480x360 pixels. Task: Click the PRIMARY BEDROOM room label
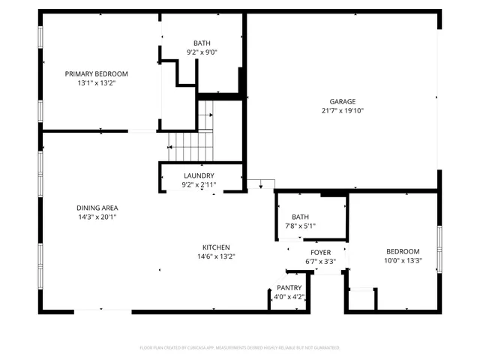(x=96, y=73)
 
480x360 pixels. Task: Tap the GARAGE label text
(x=343, y=101)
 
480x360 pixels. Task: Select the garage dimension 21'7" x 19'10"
(x=343, y=111)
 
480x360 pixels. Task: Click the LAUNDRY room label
(x=199, y=175)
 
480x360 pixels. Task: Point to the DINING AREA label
(x=97, y=208)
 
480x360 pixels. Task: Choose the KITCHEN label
(x=216, y=247)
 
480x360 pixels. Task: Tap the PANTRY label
(x=289, y=287)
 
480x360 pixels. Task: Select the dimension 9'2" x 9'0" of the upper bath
(x=202, y=52)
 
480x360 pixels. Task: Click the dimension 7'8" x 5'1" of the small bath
(x=300, y=226)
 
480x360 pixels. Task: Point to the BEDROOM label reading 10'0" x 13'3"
(x=403, y=252)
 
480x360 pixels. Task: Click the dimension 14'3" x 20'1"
(x=97, y=217)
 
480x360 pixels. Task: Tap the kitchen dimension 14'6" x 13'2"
(x=216, y=256)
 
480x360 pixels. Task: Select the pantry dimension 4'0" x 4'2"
(x=289, y=296)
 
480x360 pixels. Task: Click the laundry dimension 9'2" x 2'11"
(x=199, y=184)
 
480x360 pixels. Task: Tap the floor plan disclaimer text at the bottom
(x=240, y=348)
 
